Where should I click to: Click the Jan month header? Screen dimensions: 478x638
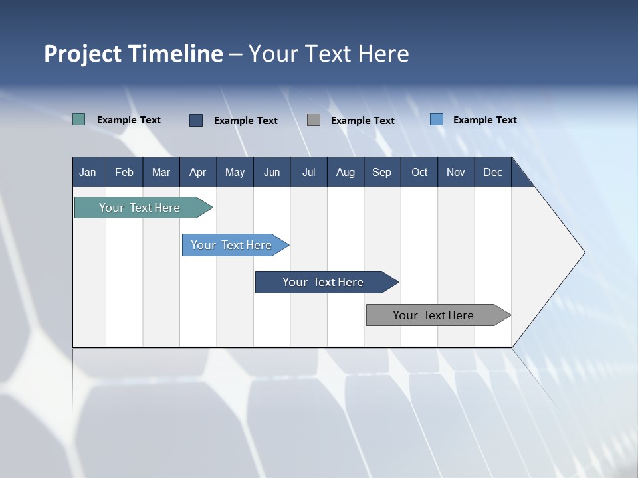88,172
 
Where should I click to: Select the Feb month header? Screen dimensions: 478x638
124,172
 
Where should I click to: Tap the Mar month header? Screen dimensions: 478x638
161,172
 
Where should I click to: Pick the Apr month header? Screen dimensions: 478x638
197,172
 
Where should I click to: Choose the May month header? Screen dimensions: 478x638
235,172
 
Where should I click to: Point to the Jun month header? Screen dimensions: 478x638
272,172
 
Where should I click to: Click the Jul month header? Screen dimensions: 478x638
308,172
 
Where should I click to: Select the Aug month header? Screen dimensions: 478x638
346,172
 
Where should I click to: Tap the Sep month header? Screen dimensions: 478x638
381,172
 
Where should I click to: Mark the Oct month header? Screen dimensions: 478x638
419,172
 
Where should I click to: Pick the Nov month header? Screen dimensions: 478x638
456,172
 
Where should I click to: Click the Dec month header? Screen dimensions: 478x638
493,172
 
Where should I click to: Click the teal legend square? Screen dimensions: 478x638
79,119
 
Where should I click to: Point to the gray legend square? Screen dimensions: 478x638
314,119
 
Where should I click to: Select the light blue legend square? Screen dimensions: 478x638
437,119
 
